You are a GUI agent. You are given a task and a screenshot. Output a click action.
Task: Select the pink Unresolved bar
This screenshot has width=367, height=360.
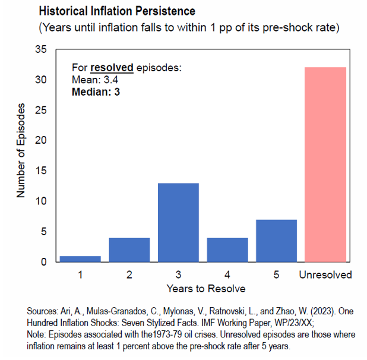(325, 165)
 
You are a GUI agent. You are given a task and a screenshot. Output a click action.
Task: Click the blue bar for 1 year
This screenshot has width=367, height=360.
(80, 258)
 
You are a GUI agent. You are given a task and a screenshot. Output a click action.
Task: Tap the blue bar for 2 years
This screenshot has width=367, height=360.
(129, 250)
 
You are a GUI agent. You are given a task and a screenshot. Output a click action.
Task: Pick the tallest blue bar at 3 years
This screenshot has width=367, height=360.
(178, 222)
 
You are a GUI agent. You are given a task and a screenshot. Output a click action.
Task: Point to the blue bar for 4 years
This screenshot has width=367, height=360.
(227, 250)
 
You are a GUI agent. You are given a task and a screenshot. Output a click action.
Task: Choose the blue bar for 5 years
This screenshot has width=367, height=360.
(276, 241)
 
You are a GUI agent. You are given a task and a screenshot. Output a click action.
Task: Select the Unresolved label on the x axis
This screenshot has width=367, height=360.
(325, 274)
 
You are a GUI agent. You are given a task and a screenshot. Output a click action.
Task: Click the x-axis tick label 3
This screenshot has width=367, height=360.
(178, 274)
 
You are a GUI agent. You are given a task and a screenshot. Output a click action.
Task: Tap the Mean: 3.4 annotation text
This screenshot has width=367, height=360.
(94, 79)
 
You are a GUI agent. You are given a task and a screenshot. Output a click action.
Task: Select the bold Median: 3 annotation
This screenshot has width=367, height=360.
(96, 91)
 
